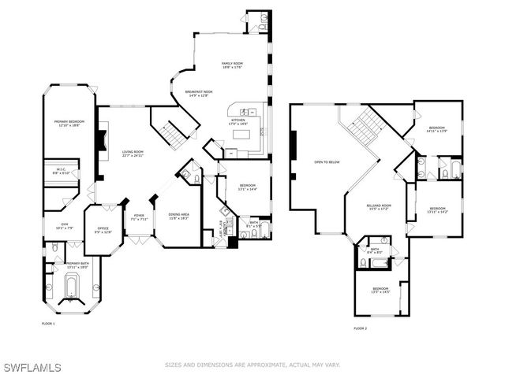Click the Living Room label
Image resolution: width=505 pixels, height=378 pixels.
(x=133, y=154)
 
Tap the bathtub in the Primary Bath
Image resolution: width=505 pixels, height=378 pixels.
(x=71, y=286)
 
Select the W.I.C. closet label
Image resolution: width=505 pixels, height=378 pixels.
(x=62, y=172)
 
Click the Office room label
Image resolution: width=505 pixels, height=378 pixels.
(x=103, y=231)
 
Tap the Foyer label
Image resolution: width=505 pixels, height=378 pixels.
(x=139, y=217)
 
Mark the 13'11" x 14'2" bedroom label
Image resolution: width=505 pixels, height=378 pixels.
(x=436, y=210)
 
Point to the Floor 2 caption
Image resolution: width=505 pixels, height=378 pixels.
(x=360, y=328)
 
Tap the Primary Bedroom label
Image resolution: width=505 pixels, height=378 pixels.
(x=68, y=123)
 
